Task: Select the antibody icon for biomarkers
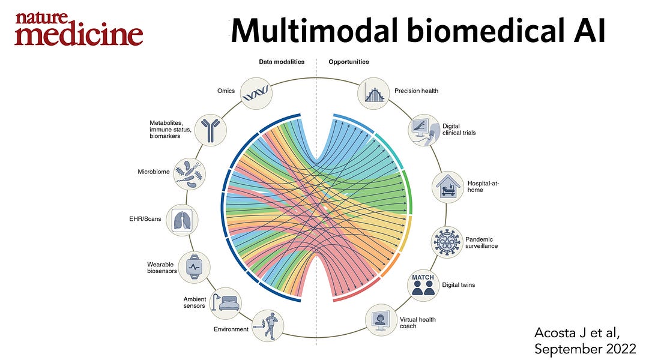pyautogui.click(x=211, y=129)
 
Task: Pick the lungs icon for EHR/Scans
pyautogui.click(x=181, y=219)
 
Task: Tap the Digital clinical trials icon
pyautogui.click(x=424, y=129)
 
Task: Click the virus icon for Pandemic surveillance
pyautogui.click(x=447, y=242)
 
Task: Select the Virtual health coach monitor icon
pyautogui.click(x=381, y=320)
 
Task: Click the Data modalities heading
pyautogui.click(x=282, y=62)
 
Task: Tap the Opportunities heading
pyautogui.click(x=349, y=62)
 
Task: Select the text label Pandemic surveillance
pyautogui.click(x=481, y=242)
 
